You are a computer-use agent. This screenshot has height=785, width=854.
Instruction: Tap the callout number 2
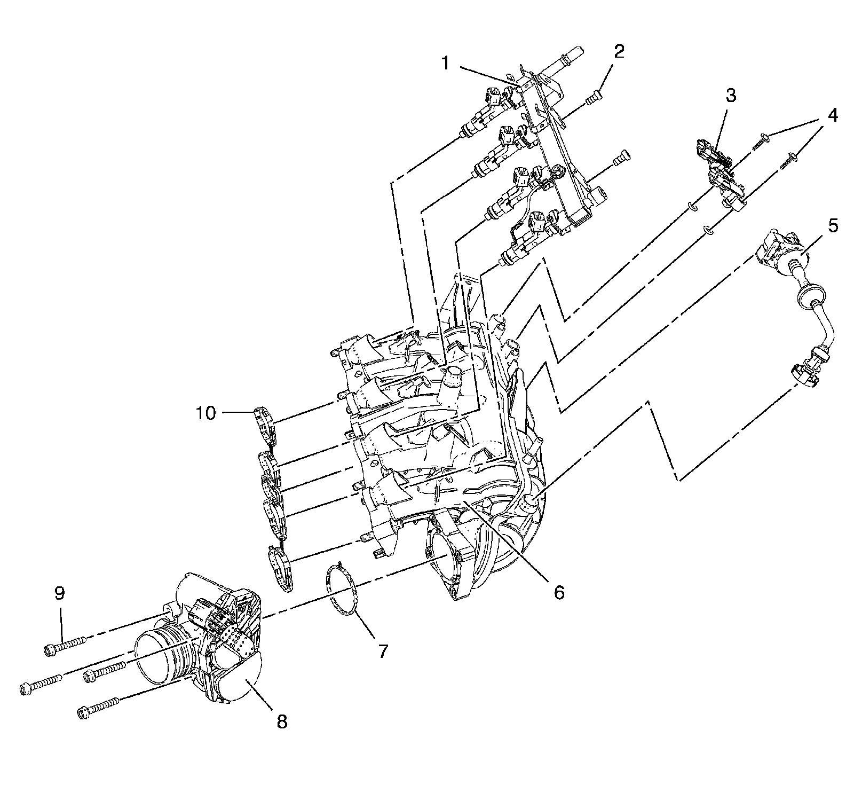pyautogui.click(x=618, y=51)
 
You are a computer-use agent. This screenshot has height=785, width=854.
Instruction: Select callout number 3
pyautogui.click(x=730, y=96)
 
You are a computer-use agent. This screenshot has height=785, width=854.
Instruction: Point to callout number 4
pyautogui.click(x=832, y=115)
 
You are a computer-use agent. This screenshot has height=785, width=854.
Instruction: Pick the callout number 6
pyautogui.click(x=558, y=592)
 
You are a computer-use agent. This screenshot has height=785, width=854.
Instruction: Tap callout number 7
pyautogui.click(x=382, y=651)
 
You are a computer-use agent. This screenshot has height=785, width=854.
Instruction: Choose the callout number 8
pyautogui.click(x=281, y=722)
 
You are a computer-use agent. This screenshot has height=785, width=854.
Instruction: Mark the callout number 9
pyautogui.click(x=59, y=593)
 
